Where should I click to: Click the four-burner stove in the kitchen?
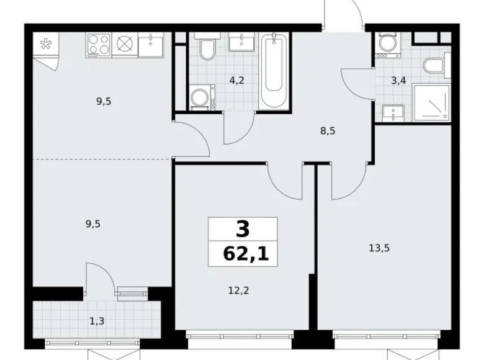(98, 44)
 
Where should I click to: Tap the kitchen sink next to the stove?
(150, 43)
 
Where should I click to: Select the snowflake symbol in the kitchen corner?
(45, 44)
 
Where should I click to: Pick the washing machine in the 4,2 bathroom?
(201, 97)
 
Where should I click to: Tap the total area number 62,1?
(243, 254)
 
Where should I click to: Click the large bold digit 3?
(243, 230)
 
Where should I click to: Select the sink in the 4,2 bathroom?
(239, 42)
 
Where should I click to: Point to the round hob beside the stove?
(125, 44)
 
